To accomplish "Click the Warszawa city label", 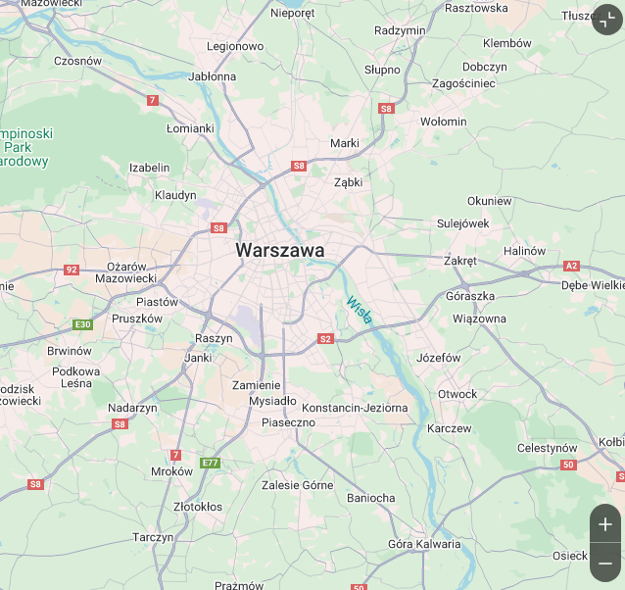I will [279, 251].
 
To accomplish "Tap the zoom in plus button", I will [604, 524].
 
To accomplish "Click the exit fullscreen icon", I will [606, 19].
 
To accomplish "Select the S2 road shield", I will [325, 339].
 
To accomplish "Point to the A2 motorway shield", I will [572, 266].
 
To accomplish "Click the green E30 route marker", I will [83, 324].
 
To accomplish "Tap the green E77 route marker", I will [210, 463].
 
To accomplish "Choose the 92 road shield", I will [72, 270].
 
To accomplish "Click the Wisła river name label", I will [359, 310].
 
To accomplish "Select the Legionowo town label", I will [235, 46].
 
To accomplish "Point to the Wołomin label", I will [443, 122].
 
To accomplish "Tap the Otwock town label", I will [457, 394].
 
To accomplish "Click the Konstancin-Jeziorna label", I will [355, 407].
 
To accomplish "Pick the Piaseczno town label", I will [288, 422].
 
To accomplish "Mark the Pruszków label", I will [137, 319].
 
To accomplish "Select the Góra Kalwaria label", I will [424, 544].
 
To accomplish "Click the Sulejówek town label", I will [462, 223].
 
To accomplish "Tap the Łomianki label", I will [190, 128].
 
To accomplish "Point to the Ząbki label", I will [348, 182].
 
